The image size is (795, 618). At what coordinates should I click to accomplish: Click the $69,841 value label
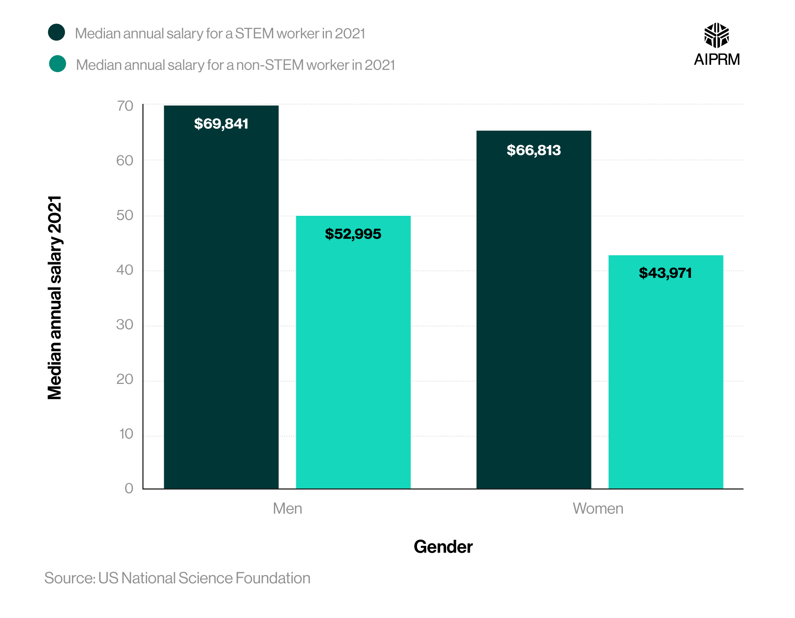221,124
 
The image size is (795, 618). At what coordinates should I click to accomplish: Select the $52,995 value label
353,234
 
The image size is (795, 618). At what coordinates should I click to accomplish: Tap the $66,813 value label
533,150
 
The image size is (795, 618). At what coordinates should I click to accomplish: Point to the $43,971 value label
665,273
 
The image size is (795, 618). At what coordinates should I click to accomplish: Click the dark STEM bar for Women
533,318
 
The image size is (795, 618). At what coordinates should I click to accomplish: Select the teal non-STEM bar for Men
353,358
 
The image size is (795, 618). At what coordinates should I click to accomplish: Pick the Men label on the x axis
287,509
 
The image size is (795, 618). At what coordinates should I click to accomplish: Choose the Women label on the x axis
598,509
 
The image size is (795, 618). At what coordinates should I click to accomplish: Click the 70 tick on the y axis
125,106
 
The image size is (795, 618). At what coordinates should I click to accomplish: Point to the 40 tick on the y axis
125,270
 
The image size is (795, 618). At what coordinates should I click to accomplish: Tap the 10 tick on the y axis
126,434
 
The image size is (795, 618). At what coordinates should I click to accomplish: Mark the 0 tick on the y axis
129,488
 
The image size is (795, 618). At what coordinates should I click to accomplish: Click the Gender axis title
443,547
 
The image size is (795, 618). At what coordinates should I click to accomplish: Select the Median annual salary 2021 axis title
55,297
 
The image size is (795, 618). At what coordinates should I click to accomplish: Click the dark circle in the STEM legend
56,33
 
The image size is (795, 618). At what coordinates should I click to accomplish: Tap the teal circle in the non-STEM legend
58,64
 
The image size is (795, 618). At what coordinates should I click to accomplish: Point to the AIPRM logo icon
716,35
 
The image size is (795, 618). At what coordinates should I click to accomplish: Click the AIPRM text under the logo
716,60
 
